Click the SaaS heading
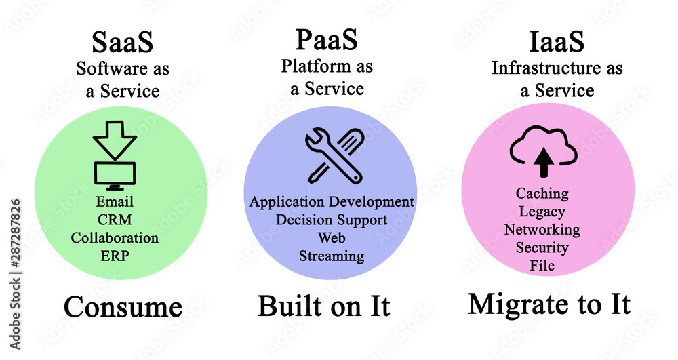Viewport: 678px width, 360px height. click(x=122, y=42)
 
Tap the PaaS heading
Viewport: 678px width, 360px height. click(x=327, y=41)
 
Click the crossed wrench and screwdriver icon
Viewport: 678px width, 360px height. click(x=333, y=157)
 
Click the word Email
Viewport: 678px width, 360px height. click(x=115, y=202)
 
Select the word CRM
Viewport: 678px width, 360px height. click(x=115, y=220)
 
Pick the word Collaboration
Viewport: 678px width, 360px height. click(x=115, y=238)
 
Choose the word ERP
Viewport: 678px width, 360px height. click(x=115, y=256)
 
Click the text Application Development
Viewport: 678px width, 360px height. click(x=332, y=202)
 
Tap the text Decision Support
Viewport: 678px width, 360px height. click(x=332, y=220)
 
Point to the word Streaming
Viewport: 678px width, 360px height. click(x=332, y=256)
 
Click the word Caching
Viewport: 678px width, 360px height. click(x=542, y=193)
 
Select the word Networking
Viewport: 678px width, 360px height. click(x=542, y=229)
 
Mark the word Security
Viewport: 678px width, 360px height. click(x=542, y=247)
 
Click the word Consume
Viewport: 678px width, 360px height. click(x=123, y=307)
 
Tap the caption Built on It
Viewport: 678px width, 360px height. click(x=324, y=306)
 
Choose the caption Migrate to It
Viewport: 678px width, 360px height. click(x=549, y=305)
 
